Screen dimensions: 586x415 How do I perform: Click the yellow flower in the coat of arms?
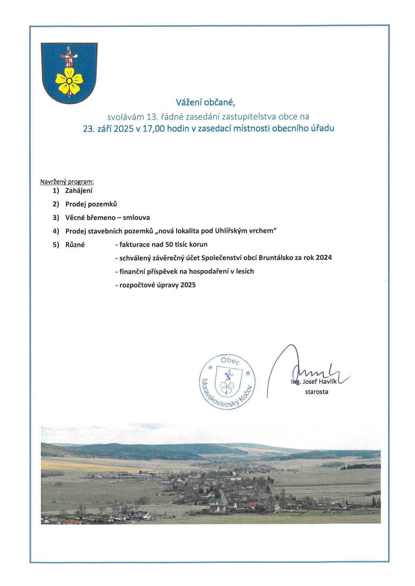click(69, 80)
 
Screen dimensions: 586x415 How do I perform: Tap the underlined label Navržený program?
click(67, 181)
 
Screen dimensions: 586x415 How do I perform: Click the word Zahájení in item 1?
click(79, 190)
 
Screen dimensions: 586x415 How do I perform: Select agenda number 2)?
click(56, 204)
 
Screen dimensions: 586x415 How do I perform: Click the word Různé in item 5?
click(75, 245)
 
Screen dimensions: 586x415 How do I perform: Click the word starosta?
click(316, 392)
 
